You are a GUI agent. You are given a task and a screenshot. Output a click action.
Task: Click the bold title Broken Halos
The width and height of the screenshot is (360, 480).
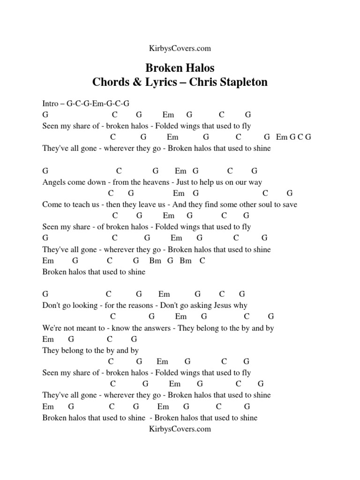click(180, 68)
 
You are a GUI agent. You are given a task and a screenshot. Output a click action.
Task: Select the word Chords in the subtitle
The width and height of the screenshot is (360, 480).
click(111, 82)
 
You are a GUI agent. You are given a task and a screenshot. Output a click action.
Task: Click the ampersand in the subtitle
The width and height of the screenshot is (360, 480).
click(136, 82)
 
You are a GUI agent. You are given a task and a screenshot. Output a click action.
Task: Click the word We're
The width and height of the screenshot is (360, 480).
click(51, 328)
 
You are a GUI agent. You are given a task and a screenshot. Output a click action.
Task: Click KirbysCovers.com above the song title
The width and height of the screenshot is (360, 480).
click(180, 48)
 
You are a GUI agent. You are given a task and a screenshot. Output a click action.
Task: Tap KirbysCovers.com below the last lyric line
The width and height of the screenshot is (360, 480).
click(180, 429)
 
